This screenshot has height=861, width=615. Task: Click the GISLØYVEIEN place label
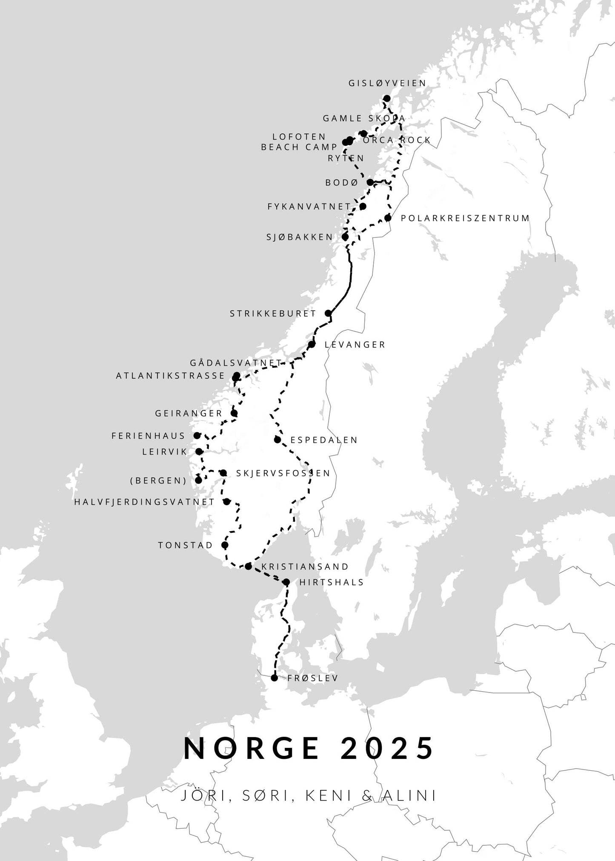387,83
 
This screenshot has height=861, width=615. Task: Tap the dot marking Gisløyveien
387,99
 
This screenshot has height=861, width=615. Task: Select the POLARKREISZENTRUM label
465,218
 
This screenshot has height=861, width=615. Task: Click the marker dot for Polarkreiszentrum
388,218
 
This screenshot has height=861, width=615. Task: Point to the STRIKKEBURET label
273,314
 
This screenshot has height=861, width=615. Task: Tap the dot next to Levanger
312,344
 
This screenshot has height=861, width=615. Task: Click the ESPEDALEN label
324,440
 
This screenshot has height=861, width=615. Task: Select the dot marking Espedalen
277,440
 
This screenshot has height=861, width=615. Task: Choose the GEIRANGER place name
189,413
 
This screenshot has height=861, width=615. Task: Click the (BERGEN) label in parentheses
158,481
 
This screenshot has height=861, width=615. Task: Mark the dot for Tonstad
225,545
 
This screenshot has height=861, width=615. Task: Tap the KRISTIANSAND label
305,566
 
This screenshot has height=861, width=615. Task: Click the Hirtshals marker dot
286,582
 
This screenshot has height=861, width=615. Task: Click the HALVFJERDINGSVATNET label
144,502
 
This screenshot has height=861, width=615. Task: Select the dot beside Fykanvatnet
363,206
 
